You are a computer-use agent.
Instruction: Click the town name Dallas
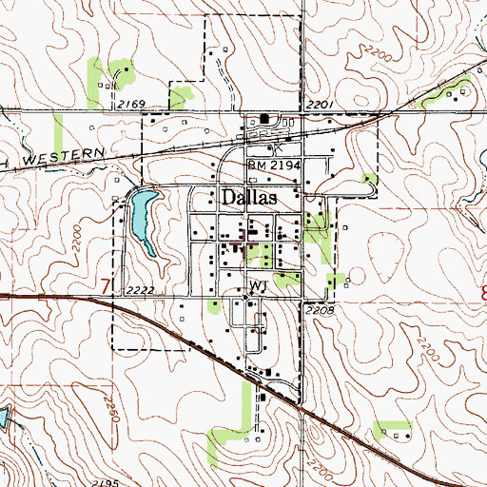click(x=248, y=198)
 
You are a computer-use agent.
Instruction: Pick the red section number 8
click(x=481, y=291)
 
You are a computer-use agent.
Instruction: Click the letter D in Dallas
click(x=229, y=198)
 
